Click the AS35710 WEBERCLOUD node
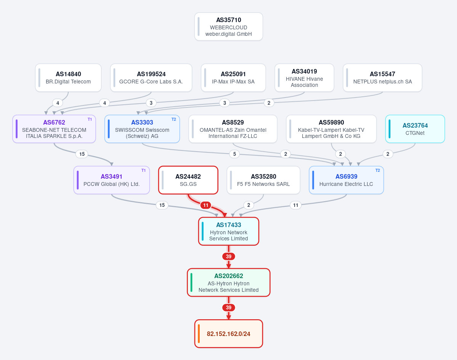point(229,27)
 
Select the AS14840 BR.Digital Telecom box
point(68,78)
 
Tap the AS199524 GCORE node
point(151,78)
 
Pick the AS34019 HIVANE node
point(304,78)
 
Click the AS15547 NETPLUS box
point(382,78)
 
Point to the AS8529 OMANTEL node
point(233,129)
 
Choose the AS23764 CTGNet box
point(415,129)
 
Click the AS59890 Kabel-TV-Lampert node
point(331,129)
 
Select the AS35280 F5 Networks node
point(263,180)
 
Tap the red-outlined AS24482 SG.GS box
point(188,180)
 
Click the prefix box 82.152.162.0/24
point(229,334)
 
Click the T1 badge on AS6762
point(90,119)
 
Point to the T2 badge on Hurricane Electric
point(378,170)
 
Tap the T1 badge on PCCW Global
point(143,170)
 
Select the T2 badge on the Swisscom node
point(174,119)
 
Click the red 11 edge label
point(206,205)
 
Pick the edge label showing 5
point(235,154)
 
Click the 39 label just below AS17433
point(229,257)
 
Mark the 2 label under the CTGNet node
point(388,154)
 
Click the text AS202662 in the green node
point(229,276)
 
